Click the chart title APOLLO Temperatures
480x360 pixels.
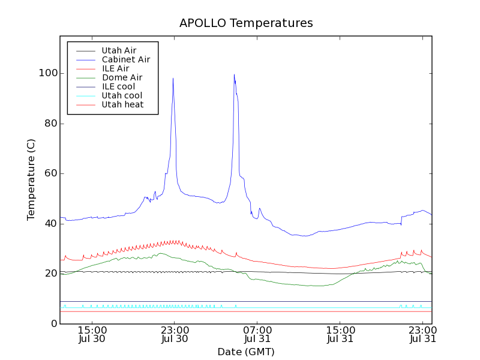(x=246, y=23)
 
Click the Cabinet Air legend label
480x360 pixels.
(x=126, y=59)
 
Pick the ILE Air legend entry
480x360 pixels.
(x=115, y=68)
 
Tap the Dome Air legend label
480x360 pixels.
(x=122, y=77)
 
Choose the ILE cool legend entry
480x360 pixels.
(x=118, y=86)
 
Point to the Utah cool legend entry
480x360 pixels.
(x=122, y=95)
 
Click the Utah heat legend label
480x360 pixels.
(x=121, y=104)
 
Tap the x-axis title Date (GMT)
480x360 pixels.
(x=246, y=352)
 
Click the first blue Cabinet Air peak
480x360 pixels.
(x=173, y=79)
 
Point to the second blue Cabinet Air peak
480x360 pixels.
(x=234, y=75)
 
